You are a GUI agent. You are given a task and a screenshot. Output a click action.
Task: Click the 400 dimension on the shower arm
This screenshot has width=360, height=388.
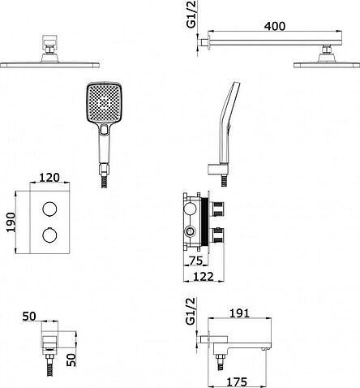tap(275, 26)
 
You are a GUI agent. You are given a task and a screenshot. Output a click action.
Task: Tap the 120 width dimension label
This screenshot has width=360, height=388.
tap(49, 178)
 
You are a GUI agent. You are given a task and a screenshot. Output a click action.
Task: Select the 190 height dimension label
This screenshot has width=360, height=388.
tap(11, 222)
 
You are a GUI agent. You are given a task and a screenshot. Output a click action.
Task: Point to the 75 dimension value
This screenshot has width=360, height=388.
tap(196, 261)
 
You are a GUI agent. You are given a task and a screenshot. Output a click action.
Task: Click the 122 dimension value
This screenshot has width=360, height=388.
tap(204, 277)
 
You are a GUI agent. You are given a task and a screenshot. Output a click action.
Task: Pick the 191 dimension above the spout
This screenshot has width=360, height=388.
tap(239, 313)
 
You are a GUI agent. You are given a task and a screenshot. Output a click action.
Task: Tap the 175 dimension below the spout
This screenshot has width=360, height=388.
tap(237, 382)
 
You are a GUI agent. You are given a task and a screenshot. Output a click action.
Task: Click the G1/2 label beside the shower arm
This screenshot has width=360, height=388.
tap(191, 14)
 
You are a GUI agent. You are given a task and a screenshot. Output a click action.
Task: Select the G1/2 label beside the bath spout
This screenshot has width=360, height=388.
tap(191, 311)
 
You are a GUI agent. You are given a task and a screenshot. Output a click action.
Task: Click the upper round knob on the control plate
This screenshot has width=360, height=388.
tap(49, 209)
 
